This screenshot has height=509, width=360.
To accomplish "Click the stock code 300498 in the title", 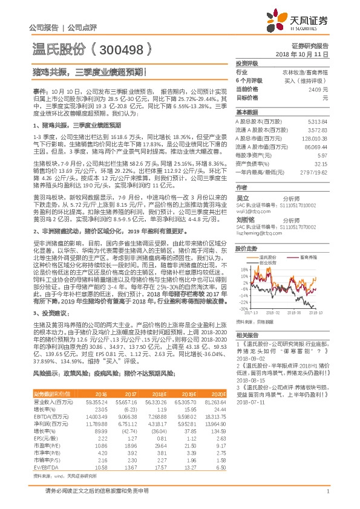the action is [x=125, y=47].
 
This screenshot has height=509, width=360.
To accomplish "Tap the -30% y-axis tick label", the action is [x=241, y=308].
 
